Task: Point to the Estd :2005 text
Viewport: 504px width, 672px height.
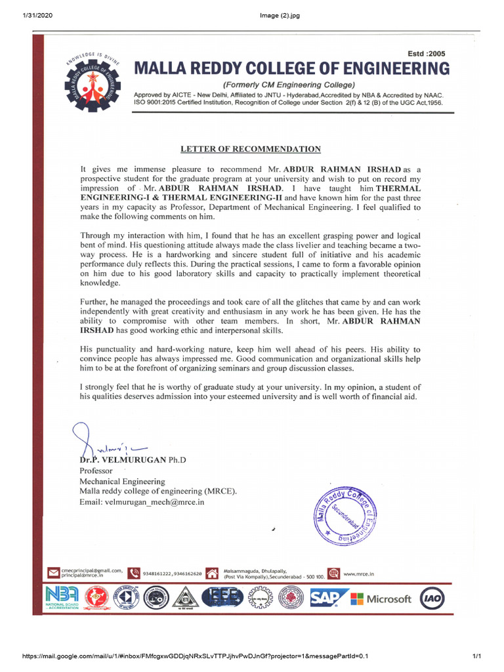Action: [427, 54]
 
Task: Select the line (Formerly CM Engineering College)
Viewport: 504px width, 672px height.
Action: [289, 85]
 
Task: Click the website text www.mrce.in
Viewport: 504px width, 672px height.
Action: [358, 574]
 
